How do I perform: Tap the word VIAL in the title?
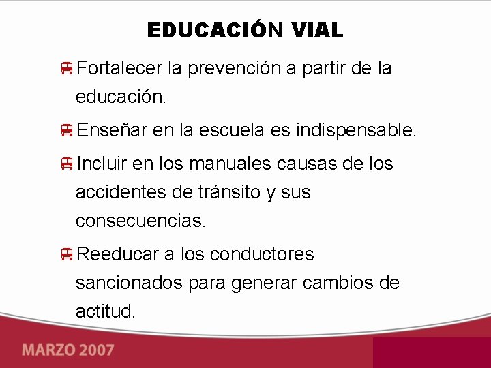click(317, 31)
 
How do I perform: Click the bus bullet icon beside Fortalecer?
click(66, 68)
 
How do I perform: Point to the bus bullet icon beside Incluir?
click(66, 164)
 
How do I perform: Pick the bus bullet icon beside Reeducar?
click(66, 254)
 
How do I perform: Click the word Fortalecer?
click(119, 68)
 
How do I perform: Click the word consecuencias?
click(140, 221)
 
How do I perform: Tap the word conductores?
click(262, 254)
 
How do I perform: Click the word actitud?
click(106, 311)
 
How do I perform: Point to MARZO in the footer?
click(47, 351)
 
